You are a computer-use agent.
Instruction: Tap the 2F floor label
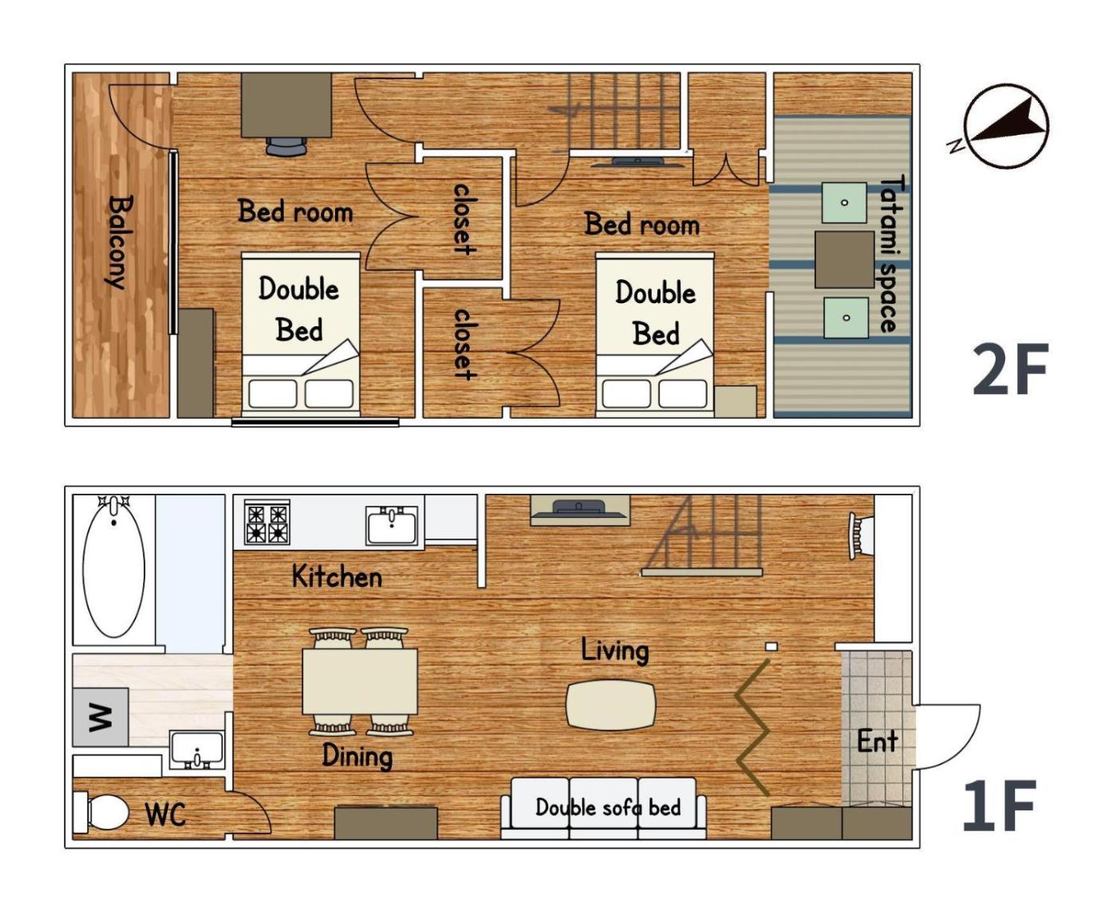(1010, 369)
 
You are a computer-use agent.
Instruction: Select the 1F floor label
(1000, 805)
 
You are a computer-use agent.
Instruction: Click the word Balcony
(120, 242)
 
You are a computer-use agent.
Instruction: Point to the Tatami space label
(894, 254)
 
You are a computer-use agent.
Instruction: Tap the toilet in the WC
(101, 812)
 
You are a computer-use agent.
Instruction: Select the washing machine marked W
(101, 717)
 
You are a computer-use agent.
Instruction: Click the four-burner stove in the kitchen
(266, 522)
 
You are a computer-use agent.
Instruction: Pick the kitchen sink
(392, 526)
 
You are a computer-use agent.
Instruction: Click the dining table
(360, 681)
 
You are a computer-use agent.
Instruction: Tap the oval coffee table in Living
(610, 706)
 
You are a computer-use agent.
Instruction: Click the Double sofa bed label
(608, 807)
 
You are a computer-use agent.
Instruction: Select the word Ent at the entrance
(877, 741)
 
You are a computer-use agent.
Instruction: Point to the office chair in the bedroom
(286, 147)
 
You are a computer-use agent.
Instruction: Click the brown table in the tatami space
(844, 259)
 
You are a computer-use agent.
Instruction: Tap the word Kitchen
(337, 576)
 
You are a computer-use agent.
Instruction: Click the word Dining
(357, 756)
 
